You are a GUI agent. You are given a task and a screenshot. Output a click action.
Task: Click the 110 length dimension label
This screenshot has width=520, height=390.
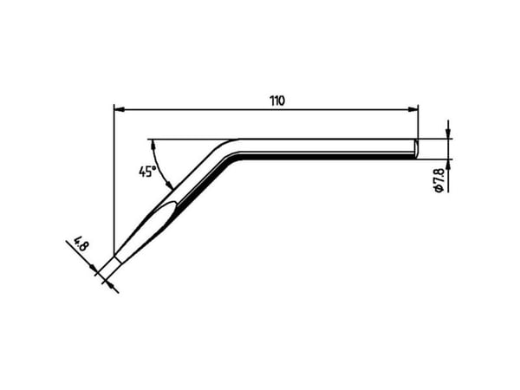pos(277,101)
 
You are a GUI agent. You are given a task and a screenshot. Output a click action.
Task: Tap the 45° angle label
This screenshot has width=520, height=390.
pos(147,172)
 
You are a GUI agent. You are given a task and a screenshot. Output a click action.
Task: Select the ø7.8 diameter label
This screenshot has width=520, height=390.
pos(439,181)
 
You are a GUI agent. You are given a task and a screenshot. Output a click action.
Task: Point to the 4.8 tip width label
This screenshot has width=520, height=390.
pos(81,244)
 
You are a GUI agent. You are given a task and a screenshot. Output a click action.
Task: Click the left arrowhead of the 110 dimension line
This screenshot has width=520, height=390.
pos(119,109)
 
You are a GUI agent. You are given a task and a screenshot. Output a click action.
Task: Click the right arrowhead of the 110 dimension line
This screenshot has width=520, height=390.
pos(413,109)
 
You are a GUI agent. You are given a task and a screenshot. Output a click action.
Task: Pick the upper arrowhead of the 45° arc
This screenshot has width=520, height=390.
pos(153,145)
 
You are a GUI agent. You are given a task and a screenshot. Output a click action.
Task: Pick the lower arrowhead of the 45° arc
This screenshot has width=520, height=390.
pos(169,185)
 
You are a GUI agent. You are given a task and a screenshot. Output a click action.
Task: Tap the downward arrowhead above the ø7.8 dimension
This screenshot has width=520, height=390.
pos(448,133)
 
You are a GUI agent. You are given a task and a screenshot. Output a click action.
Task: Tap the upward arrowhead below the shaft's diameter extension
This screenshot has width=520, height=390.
pos(448,165)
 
